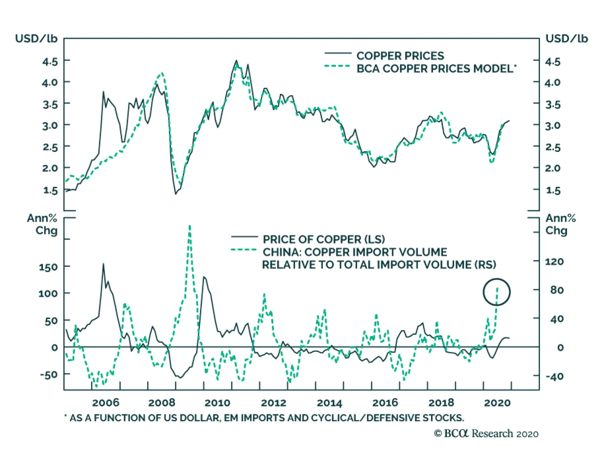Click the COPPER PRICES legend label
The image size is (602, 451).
pyautogui.click(x=400, y=56)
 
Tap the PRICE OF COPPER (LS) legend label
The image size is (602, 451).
pyautogui.click(x=324, y=239)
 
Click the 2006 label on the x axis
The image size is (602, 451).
pyautogui.click(x=105, y=403)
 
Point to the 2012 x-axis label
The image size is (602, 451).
pyautogui.click(x=274, y=403)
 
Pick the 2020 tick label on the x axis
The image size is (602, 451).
pyautogui.click(x=497, y=403)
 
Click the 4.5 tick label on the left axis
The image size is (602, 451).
pyautogui.click(x=50, y=61)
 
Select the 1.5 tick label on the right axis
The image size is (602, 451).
pyautogui.click(x=553, y=190)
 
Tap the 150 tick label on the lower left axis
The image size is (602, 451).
pyautogui.click(x=48, y=267)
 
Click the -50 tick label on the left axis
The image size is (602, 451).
pyautogui.click(x=48, y=375)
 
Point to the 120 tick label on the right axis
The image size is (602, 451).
pyautogui.click(x=554, y=261)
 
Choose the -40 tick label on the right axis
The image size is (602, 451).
pyautogui.click(x=554, y=376)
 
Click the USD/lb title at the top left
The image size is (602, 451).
pyautogui.click(x=36, y=39)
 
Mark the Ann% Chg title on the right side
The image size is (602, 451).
pyautogui.click(x=561, y=224)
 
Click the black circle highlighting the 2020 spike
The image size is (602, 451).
pyautogui.click(x=497, y=292)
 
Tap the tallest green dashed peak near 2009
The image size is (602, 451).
pyautogui.click(x=190, y=227)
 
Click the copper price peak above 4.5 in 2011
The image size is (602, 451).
pyautogui.click(x=236, y=61)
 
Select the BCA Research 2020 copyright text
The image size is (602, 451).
pyautogui.click(x=486, y=434)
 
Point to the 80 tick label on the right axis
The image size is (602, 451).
pyautogui.click(x=556, y=290)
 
